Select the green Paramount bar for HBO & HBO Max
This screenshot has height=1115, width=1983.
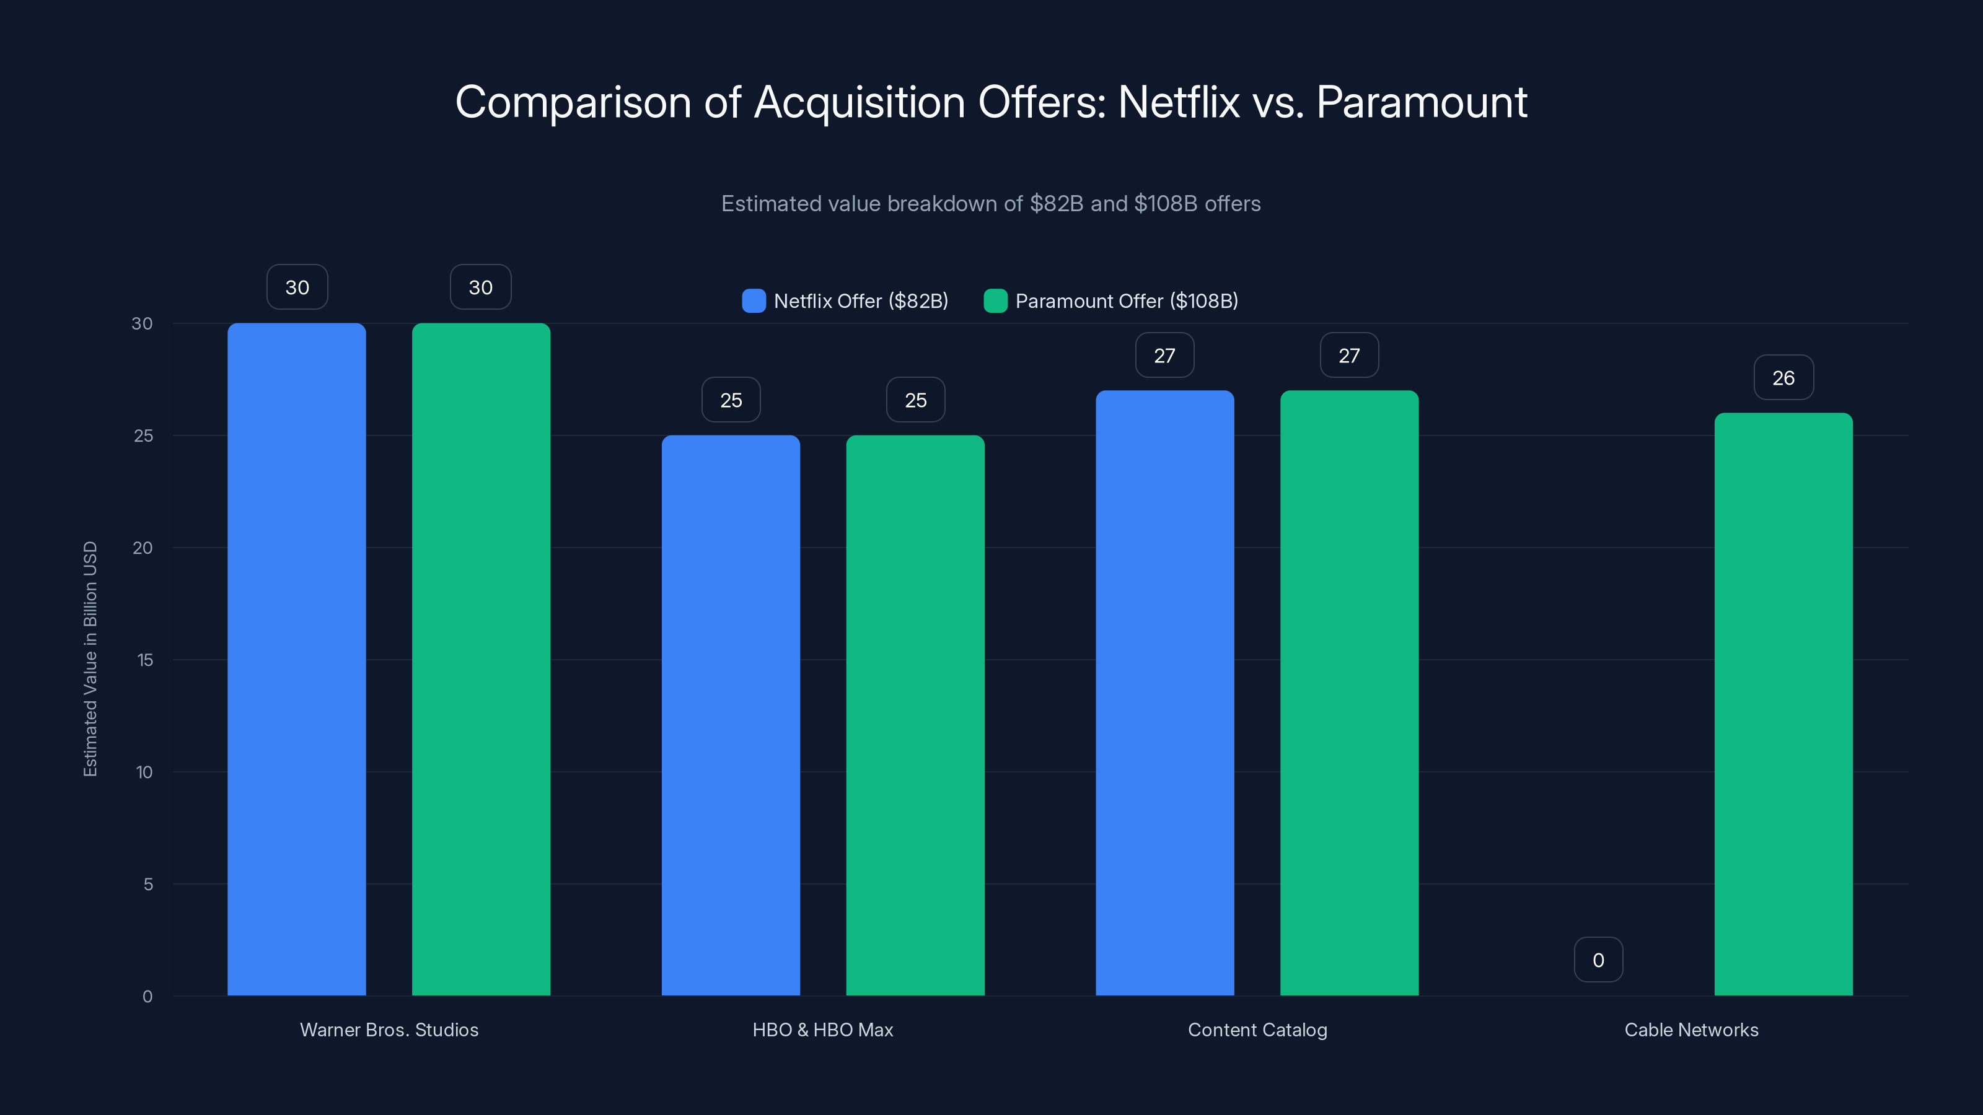tap(915, 715)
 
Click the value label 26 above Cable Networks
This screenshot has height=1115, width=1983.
tap(1783, 378)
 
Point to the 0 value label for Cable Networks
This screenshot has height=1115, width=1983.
tap(1598, 960)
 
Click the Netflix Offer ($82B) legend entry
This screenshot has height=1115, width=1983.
tap(845, 301)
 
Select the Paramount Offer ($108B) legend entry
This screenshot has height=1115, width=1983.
tap(1111, 301)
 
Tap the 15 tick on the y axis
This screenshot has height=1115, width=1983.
tap(145, 660)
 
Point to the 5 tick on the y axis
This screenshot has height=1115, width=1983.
tap(148, 884)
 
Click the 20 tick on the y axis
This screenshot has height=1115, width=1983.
tap(143, 548)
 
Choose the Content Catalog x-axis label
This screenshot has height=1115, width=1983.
tap(1257, 1030)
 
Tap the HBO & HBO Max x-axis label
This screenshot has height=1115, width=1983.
tap(822, 1030)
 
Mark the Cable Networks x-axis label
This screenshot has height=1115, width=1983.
tap(1691, 1030)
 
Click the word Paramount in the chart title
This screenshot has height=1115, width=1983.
tap(1421, 102)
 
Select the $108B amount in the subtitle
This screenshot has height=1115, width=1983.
tap(1166, 204)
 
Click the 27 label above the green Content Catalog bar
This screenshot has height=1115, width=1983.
tap(1348, 356)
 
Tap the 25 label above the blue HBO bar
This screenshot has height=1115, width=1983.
tap(731, 400)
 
